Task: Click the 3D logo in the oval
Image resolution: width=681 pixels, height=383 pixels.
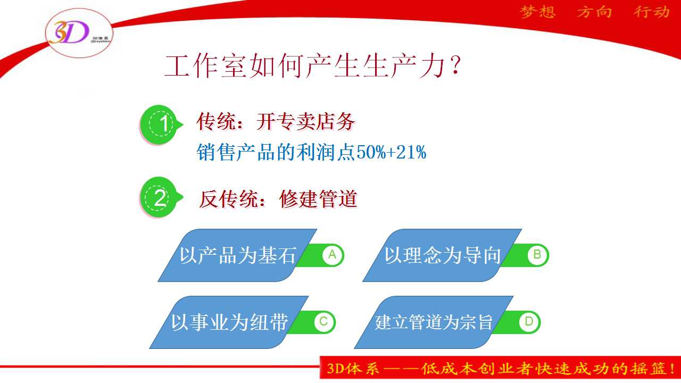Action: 69,32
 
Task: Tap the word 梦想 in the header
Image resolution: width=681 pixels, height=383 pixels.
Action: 538,12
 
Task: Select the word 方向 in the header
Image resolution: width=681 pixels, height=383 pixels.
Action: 594,12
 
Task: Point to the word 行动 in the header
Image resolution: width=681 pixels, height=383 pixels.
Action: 652,12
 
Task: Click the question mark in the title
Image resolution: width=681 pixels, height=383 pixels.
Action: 455,65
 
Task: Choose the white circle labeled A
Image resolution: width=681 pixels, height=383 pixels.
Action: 333,255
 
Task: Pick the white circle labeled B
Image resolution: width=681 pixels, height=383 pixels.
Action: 537,255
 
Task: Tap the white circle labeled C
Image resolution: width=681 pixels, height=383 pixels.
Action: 324,322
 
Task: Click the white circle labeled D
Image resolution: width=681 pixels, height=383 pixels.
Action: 529,322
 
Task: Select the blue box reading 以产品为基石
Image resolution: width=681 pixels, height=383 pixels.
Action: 237,255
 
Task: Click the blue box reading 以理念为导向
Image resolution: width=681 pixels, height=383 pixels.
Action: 442,255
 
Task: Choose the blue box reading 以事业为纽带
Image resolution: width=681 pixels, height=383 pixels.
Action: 229,322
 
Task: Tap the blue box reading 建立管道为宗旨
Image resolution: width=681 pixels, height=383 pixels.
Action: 434,322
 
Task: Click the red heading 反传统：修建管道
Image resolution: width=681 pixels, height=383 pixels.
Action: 278,199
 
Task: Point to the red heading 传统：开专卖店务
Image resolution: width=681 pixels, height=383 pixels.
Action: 276,122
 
